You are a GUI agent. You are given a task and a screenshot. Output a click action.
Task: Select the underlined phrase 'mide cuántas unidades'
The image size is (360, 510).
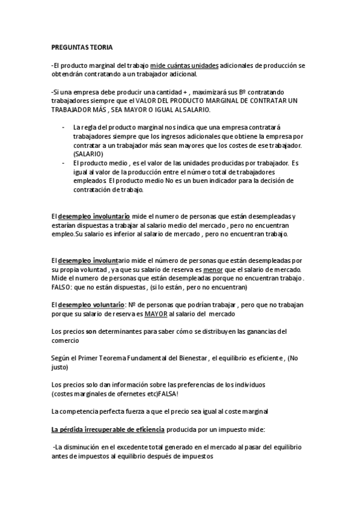click(x=185, y=64)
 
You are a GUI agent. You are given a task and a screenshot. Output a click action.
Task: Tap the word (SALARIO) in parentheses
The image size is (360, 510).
click(x=88, y=155)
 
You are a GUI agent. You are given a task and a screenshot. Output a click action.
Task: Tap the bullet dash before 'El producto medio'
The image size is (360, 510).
click(x=64, y=163)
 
